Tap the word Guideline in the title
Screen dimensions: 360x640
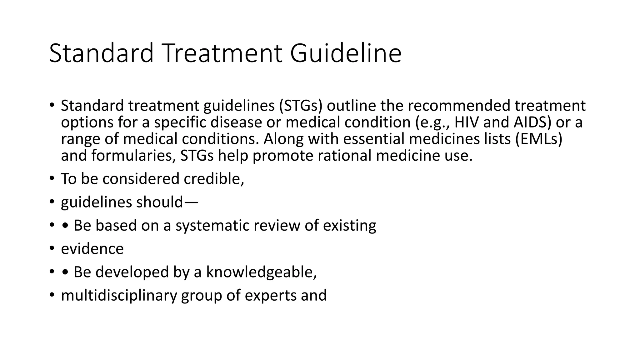point(346,53)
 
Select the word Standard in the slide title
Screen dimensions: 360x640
point(101,53)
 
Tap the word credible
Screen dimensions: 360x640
point(214,179)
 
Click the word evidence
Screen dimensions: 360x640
point(92,249)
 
